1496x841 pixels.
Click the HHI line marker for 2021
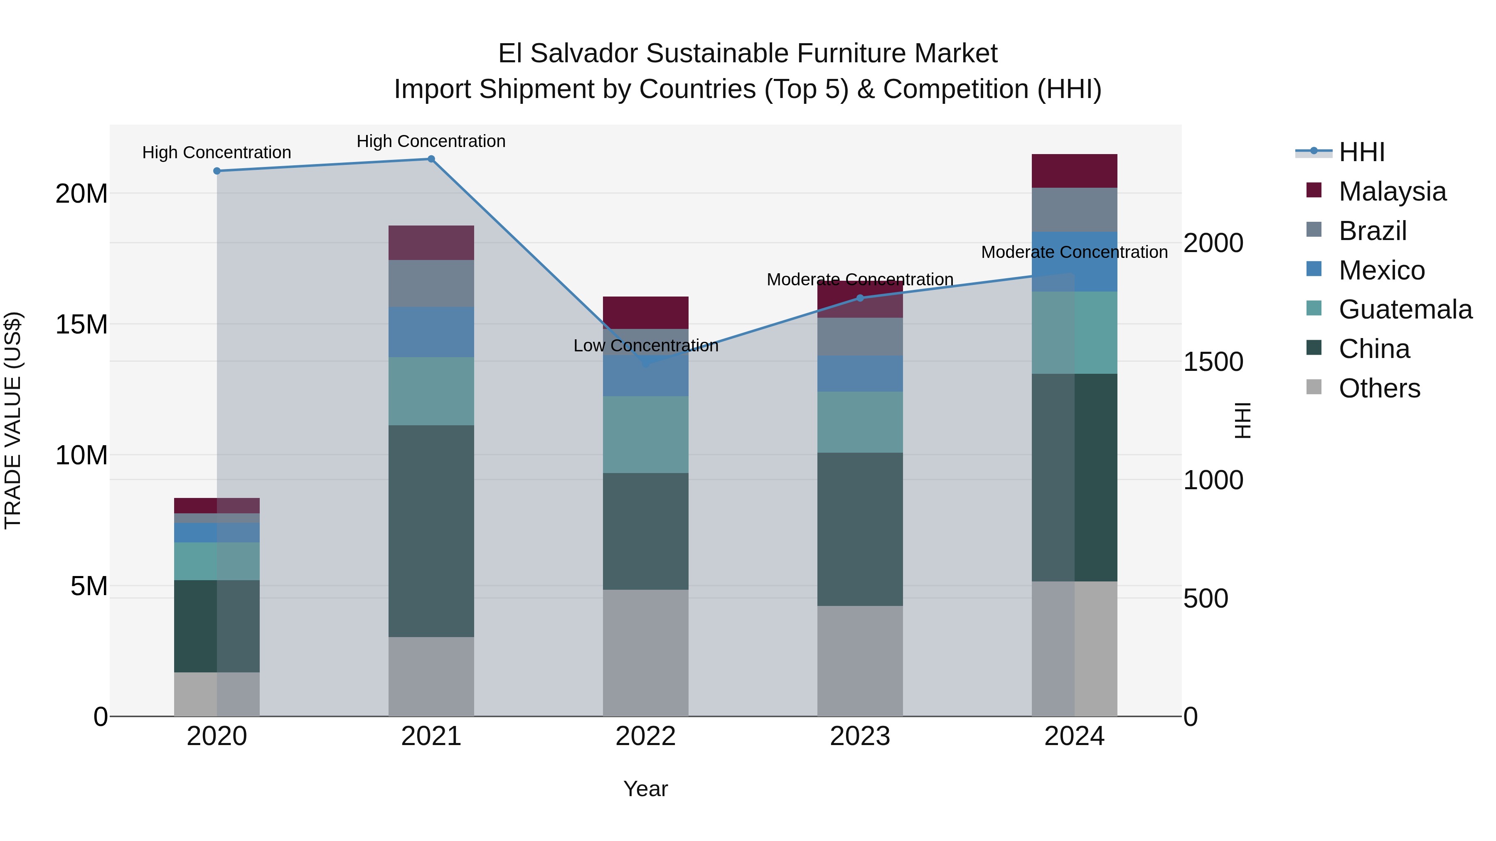point(431,159)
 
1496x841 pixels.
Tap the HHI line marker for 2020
point(217,171)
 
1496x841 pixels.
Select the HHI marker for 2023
point(860,298)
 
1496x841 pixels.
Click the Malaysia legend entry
point(1391,191)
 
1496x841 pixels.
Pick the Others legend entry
point(1379,388)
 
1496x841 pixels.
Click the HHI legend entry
point(1361,152)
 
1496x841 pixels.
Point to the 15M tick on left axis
point(81,324)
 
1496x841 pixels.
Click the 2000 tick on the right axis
point(1213,243)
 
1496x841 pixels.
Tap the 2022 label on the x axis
point(645,736)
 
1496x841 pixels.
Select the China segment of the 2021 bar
point(431,531)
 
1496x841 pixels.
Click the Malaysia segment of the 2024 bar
point(1074,171)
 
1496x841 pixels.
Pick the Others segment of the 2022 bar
point(645,653)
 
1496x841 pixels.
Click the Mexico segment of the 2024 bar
point(1074,262)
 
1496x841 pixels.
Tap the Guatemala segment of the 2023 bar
point(860,422)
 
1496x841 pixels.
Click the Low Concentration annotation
point(645,346)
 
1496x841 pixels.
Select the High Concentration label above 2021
point(431,142)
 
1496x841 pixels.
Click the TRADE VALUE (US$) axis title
point(13,420)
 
